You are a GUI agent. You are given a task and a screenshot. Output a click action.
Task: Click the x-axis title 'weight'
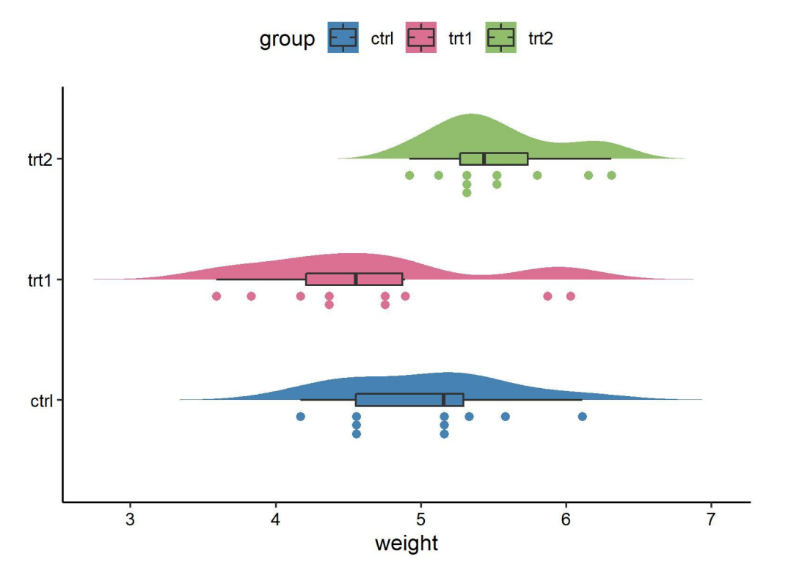click(x=406, y=544)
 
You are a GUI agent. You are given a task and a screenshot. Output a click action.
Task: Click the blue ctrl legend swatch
click(x=343, y=38)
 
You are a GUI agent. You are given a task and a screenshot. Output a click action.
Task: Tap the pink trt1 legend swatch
click(x=421, y=38)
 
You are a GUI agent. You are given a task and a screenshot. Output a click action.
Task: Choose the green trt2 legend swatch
click(x=500, y=38)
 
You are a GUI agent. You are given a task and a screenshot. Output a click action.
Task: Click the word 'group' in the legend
click(x=287, y=39)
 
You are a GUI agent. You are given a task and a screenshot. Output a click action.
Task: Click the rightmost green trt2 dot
click(x=611, y=175)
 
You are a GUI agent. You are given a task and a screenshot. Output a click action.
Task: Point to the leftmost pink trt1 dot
click(x=216, y=296)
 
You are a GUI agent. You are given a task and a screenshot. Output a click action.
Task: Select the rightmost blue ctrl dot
click(x=582, y=417)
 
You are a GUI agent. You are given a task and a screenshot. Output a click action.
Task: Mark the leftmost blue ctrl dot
click(x=300, y=417)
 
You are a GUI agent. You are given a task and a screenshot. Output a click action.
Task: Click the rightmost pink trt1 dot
click(x=570, y=296)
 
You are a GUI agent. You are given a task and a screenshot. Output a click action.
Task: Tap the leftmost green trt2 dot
click(x=409, y=175)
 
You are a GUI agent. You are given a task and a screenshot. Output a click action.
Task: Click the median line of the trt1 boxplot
click(x=356, y=280)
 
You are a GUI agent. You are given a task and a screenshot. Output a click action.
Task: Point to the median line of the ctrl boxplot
click(x=444, y=400)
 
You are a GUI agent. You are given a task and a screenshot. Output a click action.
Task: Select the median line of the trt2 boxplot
click(x=484, y=158)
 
